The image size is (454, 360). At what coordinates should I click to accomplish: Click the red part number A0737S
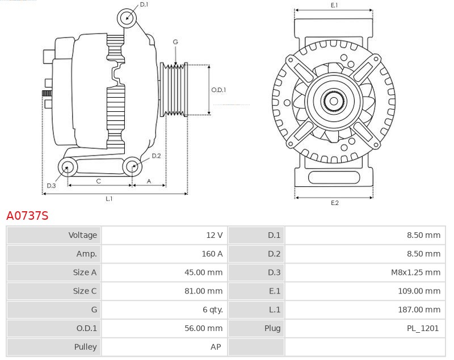27,216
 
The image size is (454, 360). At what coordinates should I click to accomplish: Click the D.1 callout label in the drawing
144,5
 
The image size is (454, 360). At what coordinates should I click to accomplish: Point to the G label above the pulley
175,42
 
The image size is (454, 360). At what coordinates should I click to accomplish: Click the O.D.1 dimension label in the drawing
218,90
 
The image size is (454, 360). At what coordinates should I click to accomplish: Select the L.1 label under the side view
108,199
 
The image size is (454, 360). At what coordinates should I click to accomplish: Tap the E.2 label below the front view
334,203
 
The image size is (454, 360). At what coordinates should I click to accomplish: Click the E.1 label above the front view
334,5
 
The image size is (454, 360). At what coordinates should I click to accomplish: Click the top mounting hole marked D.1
128,18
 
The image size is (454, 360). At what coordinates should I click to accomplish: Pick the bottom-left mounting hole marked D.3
68,166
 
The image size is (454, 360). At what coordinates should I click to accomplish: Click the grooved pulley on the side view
174,90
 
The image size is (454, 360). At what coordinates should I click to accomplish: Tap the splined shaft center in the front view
334,102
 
